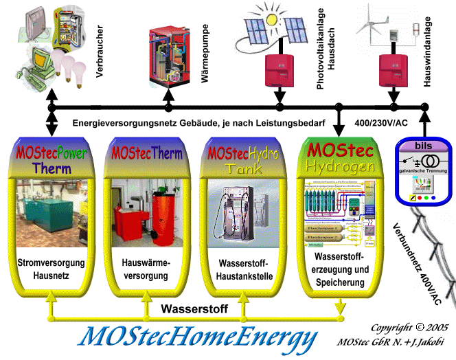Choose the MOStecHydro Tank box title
(x=244, y=159)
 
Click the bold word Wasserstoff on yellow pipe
(x=195, y=308)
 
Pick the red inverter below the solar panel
(x=280, y=68)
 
